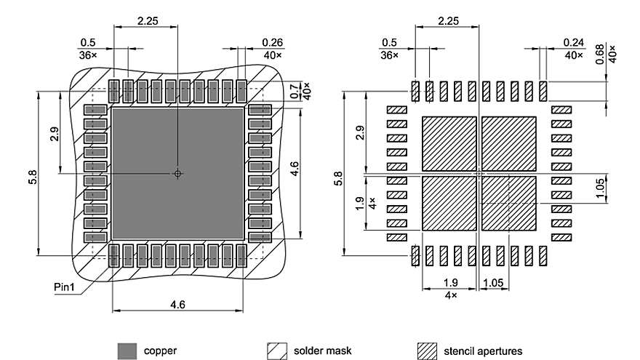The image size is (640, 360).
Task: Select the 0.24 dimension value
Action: [573, 41]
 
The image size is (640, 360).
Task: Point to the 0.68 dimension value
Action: [600, 55]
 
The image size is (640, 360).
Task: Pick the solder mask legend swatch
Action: [276, 351]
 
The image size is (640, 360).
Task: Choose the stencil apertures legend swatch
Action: [427, 351]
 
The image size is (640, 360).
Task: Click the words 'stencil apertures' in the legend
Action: [483, 351]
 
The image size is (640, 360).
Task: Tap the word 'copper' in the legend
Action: [160, 351]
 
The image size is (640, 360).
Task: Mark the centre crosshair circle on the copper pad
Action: [177, 174]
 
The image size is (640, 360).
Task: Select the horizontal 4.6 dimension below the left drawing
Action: [177, 305]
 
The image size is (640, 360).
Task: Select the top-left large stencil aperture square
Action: [449, 143]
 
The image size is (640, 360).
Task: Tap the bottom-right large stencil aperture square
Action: [509, 203]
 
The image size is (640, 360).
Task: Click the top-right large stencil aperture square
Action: [509, 143]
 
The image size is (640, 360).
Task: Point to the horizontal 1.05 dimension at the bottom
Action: [496, 282]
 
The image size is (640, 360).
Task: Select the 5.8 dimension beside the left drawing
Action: [33, 177]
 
